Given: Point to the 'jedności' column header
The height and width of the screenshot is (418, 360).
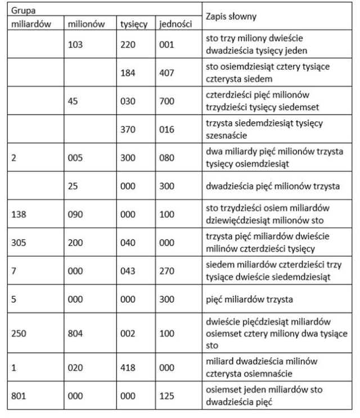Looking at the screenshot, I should (x=175, y=25).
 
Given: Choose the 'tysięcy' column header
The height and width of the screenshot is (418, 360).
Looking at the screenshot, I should (x=134, y=25).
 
